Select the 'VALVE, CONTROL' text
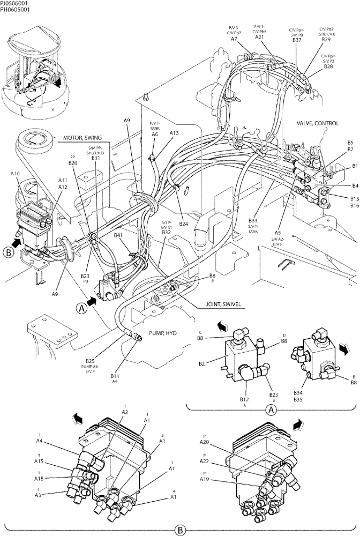[x=318, y=123]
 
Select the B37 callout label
[x=297, y=40]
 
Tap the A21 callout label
[x=259, y=37]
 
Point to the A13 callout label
[x=174, y=132]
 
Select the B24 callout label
[x=183, y=224]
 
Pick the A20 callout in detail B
[x=204, y=442]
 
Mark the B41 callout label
[x=118, y=235]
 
